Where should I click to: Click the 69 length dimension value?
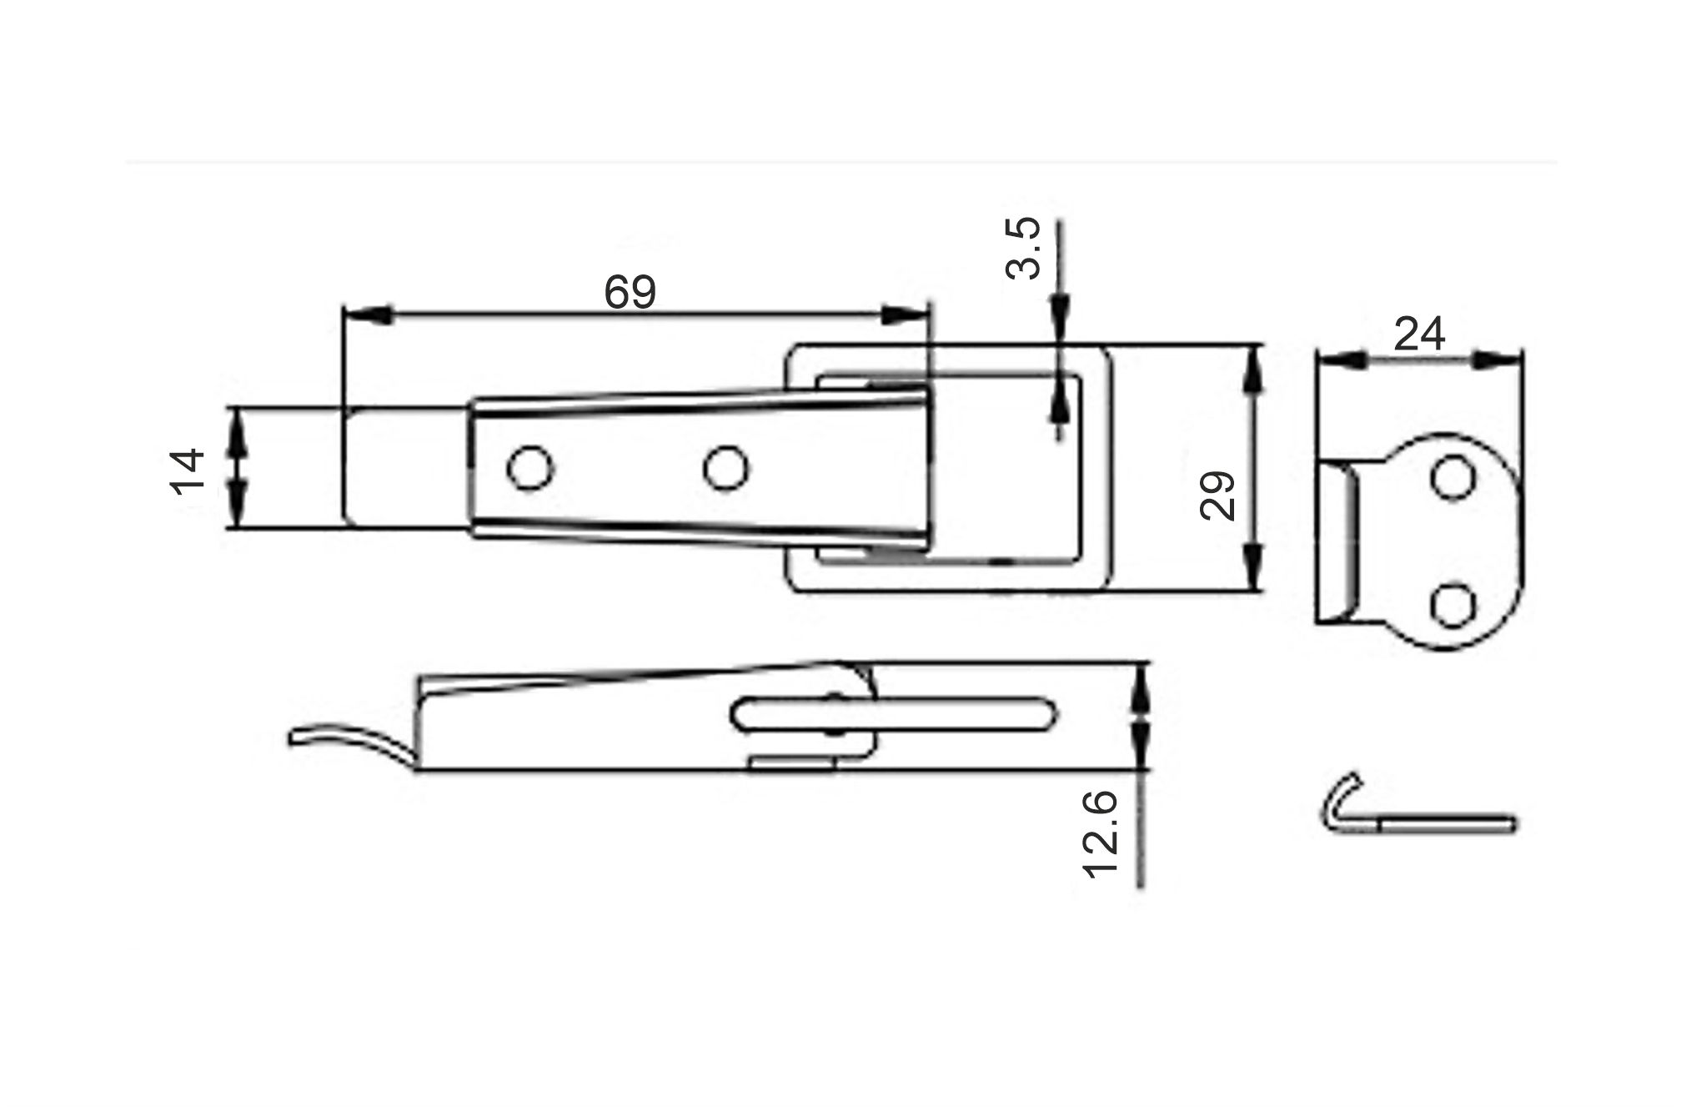tap(630, 292)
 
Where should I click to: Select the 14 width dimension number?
tap(188, 472)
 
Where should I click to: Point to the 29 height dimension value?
tap(1217, 496)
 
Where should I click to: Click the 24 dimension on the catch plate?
tap(1419, 335)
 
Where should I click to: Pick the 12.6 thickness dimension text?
tap(1100, 834)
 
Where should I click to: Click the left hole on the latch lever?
tap(531, 468)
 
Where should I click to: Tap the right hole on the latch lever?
tap(725, 468)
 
